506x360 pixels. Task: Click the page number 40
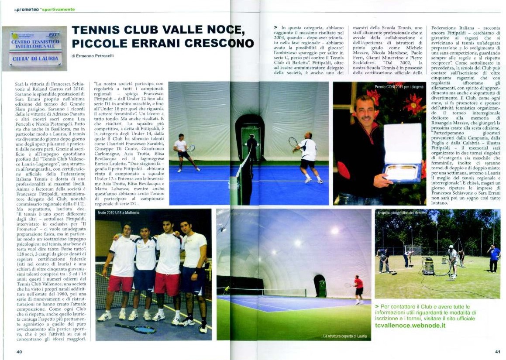pyautogui.click(x=19, y=352)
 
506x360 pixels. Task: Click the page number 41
pyautogui.click(x=497, y=352)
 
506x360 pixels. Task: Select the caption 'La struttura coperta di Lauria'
pyautogui.click(x=344, y=336)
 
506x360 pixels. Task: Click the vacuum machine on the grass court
pyautogui.click(x=428, y=266)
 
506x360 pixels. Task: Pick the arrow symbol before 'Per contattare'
pyautogui.click(x=377, y=307)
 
